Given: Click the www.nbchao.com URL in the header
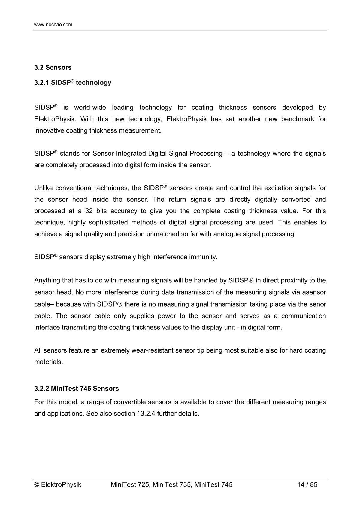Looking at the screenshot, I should [x=53, y=25].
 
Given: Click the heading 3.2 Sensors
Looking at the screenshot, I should [x=53, y=67].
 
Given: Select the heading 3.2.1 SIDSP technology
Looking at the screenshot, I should [x=73, y=83].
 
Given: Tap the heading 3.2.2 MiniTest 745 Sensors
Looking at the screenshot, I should [x=77, y=389].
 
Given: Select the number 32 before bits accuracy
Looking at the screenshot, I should [x=89, y=211].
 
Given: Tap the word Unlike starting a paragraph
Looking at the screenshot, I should [x=43, y=188].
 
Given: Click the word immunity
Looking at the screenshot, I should [x=203, y=257].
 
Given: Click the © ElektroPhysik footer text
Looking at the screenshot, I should [x=58, y=484].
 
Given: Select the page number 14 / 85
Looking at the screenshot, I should [x=307, y=484].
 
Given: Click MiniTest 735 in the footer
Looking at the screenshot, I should [x=172, y=484].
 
